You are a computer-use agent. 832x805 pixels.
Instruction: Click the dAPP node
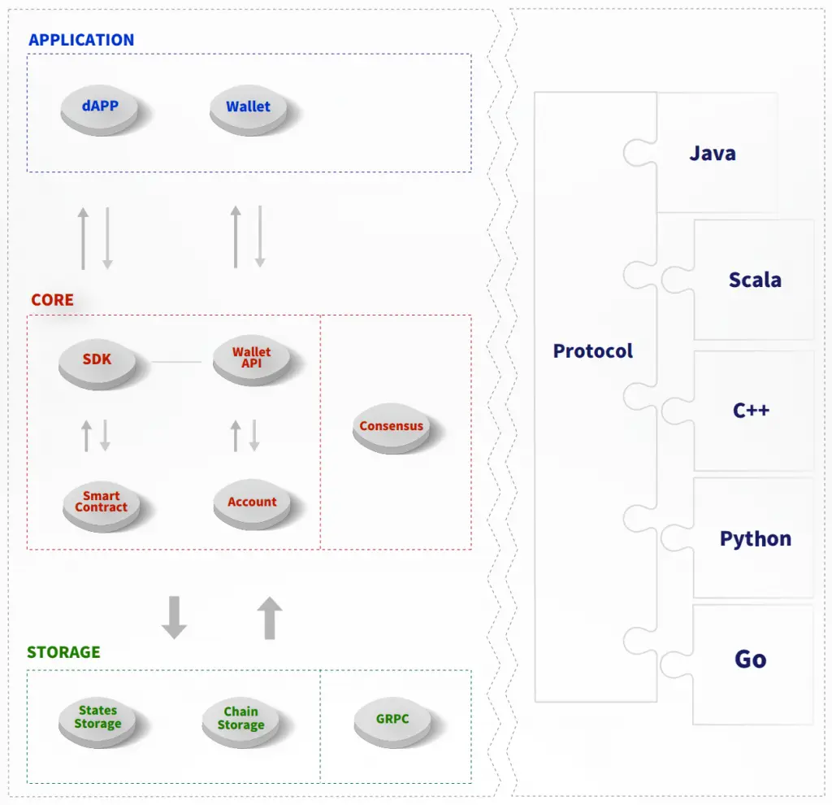pyautogui.click(x=100, y=107)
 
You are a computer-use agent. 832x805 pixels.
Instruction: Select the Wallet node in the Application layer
pyautogui.click(x=248, y=108)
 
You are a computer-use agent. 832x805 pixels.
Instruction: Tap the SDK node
pyautogui.click(x=97, y=360)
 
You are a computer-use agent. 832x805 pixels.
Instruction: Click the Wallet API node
pyautogui.click(x=251, y=359)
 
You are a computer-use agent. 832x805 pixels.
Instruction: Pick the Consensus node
pyautogui.click(x=391, y=427)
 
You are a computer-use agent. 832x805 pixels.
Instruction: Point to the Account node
pyautogui.click(x=252, y=503)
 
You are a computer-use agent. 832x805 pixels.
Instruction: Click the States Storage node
pyautogui.click(x=97, y=718)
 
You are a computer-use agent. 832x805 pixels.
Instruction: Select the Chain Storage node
pyautogui.click(x=240, y=720)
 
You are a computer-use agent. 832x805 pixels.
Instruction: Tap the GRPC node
pyautogui.click(x=392, y=720)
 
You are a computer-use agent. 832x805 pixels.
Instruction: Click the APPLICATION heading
pyautogui.click(x=81, y=40)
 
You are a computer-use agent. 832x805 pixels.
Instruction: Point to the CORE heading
pyautogui.click(x=52, y=300)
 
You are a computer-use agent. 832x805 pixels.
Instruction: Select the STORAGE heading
pyautogui.click(x=63, y=652)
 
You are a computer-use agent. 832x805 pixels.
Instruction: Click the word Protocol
pyautogui.click(x=593, y=351)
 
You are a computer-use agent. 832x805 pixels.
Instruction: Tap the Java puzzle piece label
pyautogui.click(x=713, y=154)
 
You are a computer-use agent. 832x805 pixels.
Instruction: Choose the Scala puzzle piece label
pyautogui.click(x=755, y=281)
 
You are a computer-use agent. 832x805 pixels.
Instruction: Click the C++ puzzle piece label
pyautogui.click(x=751, y=410)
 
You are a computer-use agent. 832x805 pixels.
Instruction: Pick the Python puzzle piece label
pyautogui.click(x=756, y=539)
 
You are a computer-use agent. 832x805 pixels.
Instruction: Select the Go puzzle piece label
pyautogui.click(x=751, y=659)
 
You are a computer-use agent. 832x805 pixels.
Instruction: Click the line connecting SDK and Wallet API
pyautogui.click(x=176, y=362)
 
